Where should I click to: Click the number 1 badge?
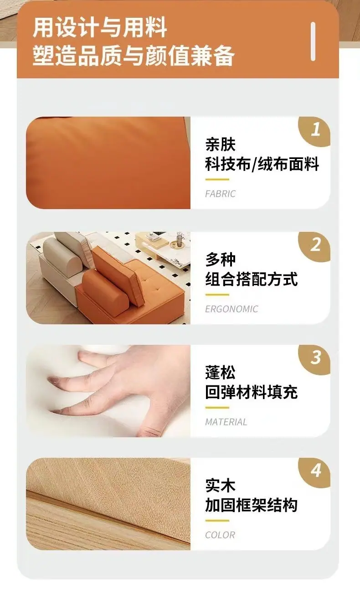[316, 130]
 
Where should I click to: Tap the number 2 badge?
[316, 245]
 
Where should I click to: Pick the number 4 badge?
[316, 471]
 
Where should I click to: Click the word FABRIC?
[221, 194]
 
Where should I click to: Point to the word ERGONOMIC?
[231, 309]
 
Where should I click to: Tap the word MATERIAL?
[226, 422]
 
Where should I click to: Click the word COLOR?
[220, 535]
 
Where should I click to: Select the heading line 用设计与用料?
[100, 27]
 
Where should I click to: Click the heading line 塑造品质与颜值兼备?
[133, 56]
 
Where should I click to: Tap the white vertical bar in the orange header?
[313, 41]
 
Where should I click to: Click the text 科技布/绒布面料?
[262, 164]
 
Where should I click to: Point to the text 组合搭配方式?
[252, 279]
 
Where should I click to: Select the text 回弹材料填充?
[252, 392]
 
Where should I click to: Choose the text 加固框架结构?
[252, 505]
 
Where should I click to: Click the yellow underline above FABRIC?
[217, 179]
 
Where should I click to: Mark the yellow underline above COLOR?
[217, 521]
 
